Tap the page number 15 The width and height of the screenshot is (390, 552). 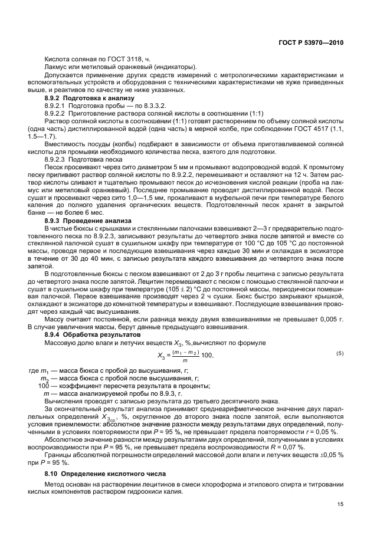(x=340, y=504)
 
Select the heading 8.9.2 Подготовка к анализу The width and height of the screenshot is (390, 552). (x=89, y=97)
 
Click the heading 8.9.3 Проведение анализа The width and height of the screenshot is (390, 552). (x=89, y=221)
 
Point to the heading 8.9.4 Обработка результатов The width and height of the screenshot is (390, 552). (x=93, y=334)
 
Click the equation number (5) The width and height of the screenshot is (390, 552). (x=339, y=353)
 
